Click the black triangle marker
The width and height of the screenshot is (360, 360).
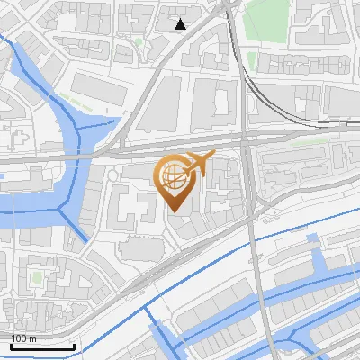click(181, 24)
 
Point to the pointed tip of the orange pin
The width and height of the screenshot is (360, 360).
click(175, 212)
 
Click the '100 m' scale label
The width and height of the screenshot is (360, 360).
click(23, 338)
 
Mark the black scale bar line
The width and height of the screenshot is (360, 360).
click(42, 346)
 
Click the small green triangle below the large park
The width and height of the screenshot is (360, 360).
click(253, 61)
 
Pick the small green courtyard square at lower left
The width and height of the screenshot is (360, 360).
click(36, 277)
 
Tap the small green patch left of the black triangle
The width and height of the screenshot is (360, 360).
click(139, 40)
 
